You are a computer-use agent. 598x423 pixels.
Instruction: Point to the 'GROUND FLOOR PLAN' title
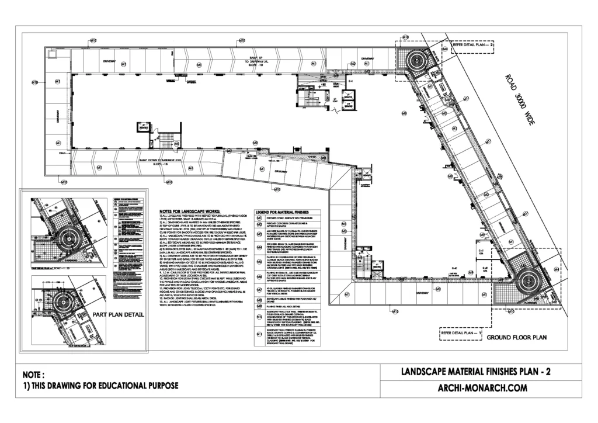(516, 338)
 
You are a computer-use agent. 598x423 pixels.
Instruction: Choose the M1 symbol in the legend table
(258, 219)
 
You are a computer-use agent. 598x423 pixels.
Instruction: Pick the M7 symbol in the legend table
(258, 289)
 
